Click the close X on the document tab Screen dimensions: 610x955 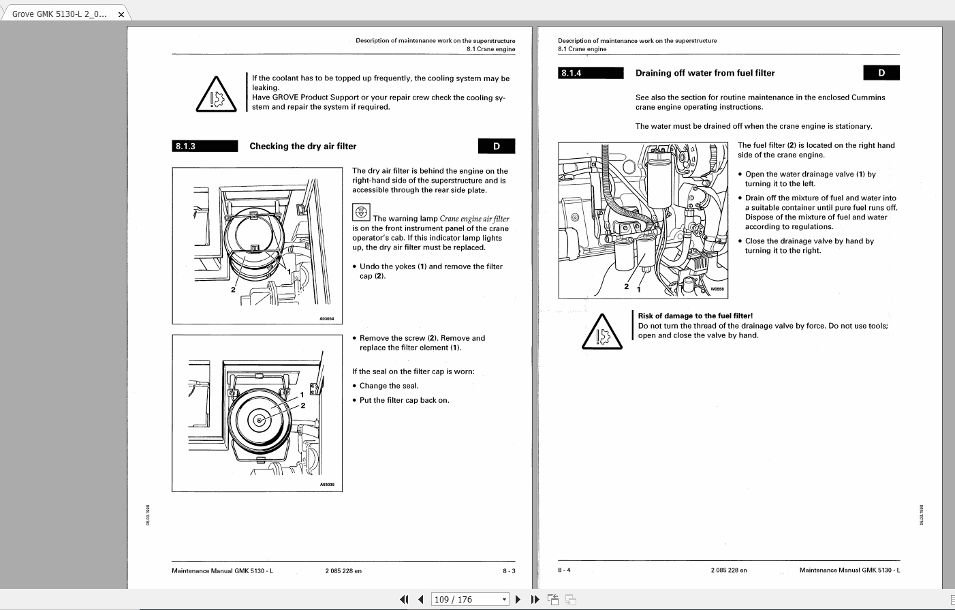pyautogui.click(x=121, y=14)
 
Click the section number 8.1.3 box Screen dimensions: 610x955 pyautogui.click(x=204, y=146)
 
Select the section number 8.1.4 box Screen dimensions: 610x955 pyautogui.click(x=591, y=73)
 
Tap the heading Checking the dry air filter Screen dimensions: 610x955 pyautogui.click(x=302, y=146)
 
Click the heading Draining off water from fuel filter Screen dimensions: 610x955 pyautogui.click(x=704, y=73)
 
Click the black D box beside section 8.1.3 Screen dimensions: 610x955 pyautogui.click(x=496, y=146)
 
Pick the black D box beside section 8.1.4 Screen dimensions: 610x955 pyautogui.click(x=881, y=73)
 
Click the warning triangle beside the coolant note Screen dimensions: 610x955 pyautogui.click(x=216, y=95)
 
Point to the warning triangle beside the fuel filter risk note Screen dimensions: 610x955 pyautogui.click(x=601, y=332)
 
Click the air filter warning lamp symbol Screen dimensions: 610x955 pyautogui.click(x=361, y=212)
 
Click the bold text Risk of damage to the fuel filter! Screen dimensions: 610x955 pyautogui.click(x=695, y=316)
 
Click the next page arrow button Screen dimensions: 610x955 pyautogui.click(x=518, y=599)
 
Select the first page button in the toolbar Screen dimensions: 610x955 pyautogui.click(x=404, y=599)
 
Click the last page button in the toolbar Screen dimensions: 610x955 pyautogui.click(x=535, y=599)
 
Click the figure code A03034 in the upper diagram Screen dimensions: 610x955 pyautogui.click(x=327, y=318)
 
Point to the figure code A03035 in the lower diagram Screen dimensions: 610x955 pyautogui.click(x=327, y=485)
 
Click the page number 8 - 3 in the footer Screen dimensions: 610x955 pyautogui.click(x=509, y=571)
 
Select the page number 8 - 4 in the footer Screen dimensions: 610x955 pyautogui.click(x=564, y=570)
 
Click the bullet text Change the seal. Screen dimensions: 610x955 pyautogui.click(x=389, y=386)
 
